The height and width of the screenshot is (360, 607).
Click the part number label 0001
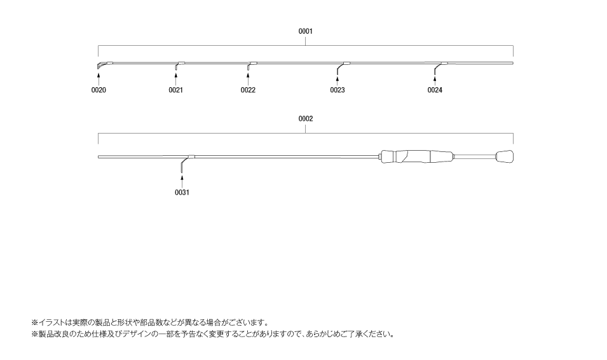[305, 31]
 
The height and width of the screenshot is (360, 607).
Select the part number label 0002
[305, 118]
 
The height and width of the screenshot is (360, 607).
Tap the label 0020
[99, 90]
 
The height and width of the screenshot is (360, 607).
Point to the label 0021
[175, 90]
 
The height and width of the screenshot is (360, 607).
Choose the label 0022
[248, 90]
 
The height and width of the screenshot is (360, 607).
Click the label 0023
[337, 90]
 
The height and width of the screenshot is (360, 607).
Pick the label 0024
[435, 90]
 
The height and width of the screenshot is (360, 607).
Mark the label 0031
[182, 192]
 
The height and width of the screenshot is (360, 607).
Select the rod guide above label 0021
[177, 66]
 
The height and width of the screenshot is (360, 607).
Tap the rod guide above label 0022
[249, 66]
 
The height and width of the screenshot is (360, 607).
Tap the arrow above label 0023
[337, 78]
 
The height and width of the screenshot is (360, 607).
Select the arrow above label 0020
[99, 78]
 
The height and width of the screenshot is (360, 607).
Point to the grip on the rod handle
[416, 156]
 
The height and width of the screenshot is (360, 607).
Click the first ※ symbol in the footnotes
[35, 322]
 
